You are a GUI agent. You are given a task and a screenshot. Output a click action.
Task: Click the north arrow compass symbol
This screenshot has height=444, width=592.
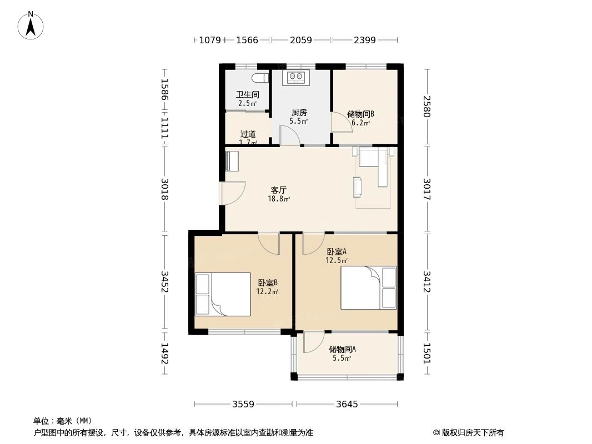(x=31, y=26)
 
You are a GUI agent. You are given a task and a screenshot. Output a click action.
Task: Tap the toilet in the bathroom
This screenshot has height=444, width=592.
(x=260, y=78)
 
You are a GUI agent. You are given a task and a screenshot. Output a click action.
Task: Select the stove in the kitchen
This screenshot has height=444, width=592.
(x=295, y=77)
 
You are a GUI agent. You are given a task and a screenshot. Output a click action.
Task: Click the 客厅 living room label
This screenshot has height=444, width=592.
(x=279, y=190)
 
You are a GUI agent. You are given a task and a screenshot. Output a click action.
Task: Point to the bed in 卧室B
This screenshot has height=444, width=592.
(x=223, y=294)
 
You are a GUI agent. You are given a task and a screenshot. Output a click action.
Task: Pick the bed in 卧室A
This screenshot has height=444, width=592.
(x=369, y=288)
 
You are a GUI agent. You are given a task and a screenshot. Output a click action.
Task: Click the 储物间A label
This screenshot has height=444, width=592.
(x=342, y=349)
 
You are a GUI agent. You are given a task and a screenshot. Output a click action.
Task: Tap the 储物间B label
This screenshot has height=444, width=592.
(x=360, y=114)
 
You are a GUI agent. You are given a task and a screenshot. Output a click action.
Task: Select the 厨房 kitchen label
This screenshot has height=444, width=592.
(x=299, y=113)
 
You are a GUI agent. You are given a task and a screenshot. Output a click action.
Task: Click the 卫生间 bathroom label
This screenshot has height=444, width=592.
(x=248, y=95)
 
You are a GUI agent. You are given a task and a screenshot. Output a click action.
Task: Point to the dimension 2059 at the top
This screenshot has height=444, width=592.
(x=301, y=40)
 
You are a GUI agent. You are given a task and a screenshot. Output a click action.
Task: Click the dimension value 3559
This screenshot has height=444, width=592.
(x=244, y=405)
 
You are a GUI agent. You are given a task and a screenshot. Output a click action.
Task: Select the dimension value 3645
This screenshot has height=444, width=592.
(x=347, y=405)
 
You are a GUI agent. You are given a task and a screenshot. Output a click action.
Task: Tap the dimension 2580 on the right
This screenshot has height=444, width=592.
(x=427, y=107)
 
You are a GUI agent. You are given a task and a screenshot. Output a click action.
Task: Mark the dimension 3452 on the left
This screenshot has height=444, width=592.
(x=164, y=282)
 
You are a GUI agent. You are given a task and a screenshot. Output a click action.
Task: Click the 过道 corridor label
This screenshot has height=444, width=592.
(x=248, y=134)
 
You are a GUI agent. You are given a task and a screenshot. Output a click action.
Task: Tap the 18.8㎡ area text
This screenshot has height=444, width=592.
(x=279, y=199)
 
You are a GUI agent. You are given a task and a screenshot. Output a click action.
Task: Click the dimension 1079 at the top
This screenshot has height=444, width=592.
(x=210, y=40)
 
